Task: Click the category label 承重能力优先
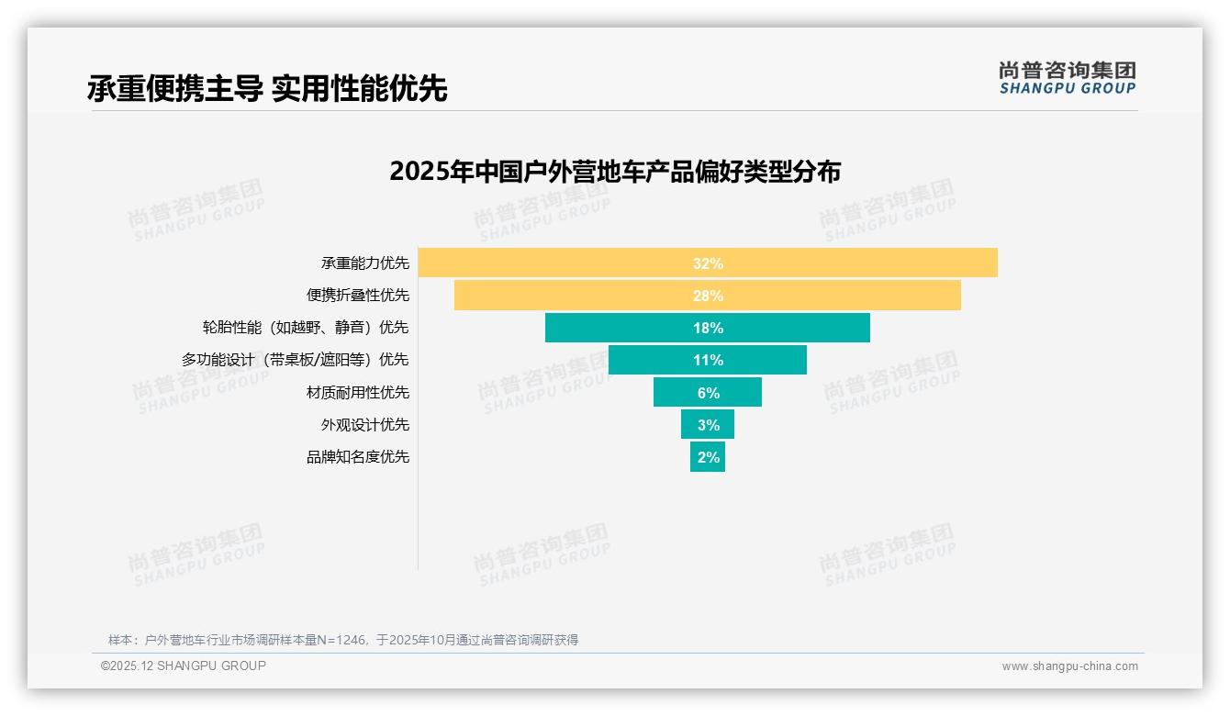(x=364, y=263)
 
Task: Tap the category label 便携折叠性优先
(x=357, y=296)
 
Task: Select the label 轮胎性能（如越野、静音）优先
(x=306, y=328)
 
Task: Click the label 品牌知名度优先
(x=357, y=457)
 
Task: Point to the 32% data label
(x=708, y=263)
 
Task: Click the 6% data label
(x=708, y=393)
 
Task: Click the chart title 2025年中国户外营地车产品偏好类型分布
(x=615, y=172)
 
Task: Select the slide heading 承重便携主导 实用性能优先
(x=267, y=88)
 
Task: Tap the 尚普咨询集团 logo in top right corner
(x=1067, y=77)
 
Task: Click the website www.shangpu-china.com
(x=1069, y=666)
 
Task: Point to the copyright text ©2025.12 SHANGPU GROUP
(x=184, y=666)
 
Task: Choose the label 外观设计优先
(x=364, y=425)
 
